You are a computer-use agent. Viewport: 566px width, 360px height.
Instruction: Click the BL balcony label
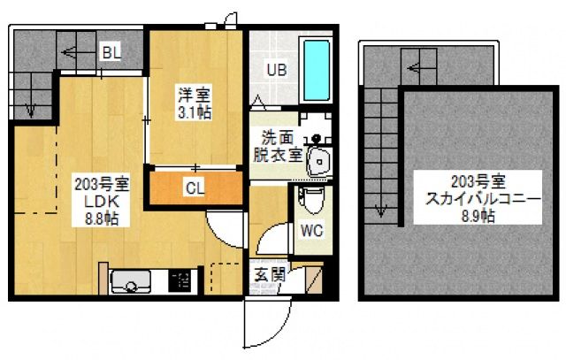click(112, 53)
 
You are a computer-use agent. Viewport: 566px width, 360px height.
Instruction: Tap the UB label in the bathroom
click(277, 70)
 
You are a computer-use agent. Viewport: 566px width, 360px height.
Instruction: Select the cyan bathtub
click(317, 70)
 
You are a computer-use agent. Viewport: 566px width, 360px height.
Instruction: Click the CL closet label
click(195, 188)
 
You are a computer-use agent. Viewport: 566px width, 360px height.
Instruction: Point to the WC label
click(312, 230)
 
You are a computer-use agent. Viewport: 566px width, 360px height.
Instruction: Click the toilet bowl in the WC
click(312, 201)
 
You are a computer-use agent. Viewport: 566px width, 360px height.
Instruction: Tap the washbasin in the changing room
click(318, 162)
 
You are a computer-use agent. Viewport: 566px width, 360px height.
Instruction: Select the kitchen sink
click(131, 281)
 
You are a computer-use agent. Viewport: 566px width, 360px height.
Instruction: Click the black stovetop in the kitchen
click(180, 281)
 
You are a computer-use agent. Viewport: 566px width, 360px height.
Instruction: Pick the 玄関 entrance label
click(270, 275)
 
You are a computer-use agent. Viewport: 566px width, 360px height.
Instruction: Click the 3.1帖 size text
click(195, 113)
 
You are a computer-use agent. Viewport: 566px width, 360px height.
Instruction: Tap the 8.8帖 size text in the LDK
click(102, 218)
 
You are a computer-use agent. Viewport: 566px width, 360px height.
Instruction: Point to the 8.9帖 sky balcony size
click(478, 216)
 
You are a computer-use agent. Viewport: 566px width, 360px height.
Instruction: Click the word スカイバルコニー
click(483, 199)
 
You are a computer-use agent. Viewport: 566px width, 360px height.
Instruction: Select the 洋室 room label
click(195, 96)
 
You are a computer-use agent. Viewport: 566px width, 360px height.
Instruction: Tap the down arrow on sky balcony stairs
click(381, 211)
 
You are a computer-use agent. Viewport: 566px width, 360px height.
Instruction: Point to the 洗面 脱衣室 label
click(278, 147)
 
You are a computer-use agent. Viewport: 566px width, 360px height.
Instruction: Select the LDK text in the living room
click(102, 202)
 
